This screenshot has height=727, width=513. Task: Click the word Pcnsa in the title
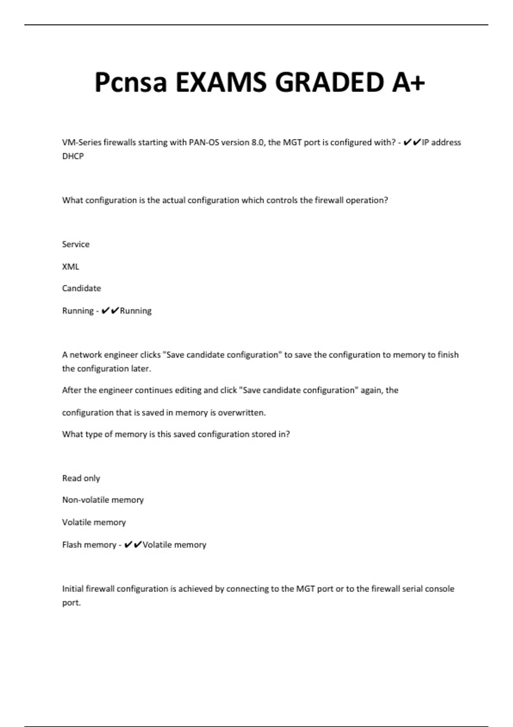[130, 82]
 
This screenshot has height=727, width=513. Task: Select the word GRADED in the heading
[330, 82]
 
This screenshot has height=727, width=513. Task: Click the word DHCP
[73, 156]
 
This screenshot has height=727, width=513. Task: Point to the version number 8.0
[257, 142]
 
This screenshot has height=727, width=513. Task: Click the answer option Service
[76, 244]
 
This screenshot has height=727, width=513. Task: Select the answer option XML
[71, 266]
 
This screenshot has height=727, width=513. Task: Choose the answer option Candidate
[81, 288]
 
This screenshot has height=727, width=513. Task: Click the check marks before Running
[110, 310]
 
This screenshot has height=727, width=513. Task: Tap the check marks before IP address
[412, 142]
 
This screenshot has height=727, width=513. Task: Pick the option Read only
[81, 478]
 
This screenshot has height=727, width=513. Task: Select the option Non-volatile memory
[103, 500]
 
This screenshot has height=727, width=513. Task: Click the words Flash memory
[89, 544]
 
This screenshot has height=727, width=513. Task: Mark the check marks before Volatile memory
[133, 544]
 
